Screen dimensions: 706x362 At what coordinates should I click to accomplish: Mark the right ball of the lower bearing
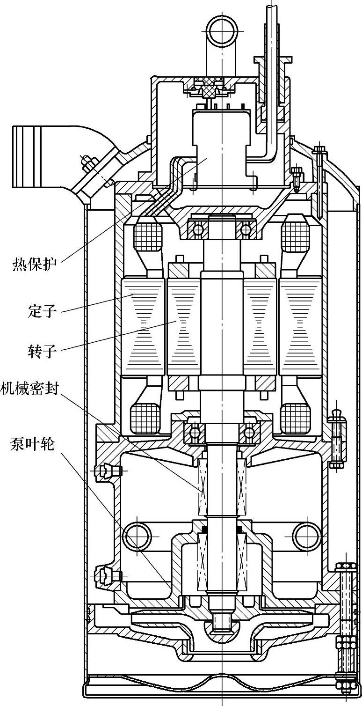point(248,430)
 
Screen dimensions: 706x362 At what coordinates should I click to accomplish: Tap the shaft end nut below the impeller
point(221,623)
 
